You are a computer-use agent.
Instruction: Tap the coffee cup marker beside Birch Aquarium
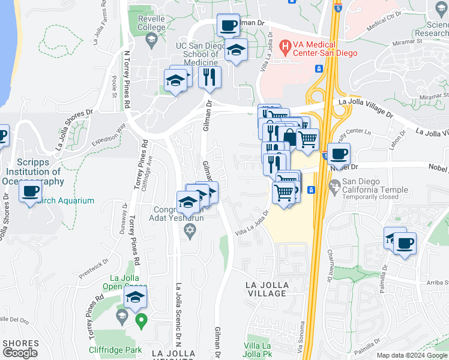pos(29,192)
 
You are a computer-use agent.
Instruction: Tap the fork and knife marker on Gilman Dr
pos(209,77)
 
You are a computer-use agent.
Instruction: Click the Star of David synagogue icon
pos(190,230)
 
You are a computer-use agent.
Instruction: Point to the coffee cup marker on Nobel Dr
pos(339,154)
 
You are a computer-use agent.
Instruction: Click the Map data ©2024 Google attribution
pos(412,355)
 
